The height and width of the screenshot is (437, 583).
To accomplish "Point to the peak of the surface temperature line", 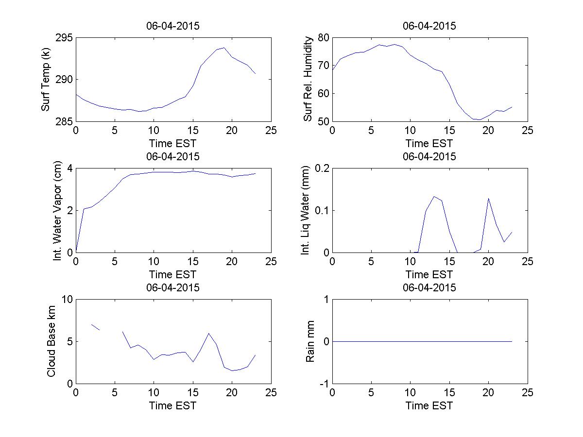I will coord(224,48).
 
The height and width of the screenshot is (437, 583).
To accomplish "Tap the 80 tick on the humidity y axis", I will coord(323,38).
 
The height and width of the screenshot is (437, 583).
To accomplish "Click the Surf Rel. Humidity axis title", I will coord(308,79).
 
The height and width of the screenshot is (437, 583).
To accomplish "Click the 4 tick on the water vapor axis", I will coord(69,168).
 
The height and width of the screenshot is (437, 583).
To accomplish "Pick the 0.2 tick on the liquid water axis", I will coord(320,168).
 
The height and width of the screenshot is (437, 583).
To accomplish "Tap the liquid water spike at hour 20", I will coord(488,198).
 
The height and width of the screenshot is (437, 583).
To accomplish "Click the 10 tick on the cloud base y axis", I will coord(67,300).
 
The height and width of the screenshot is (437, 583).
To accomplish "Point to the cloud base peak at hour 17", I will coord(208,333).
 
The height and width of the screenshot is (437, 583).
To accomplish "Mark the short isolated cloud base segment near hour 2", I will coord(95,327).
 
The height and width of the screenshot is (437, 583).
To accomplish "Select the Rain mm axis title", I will coord(310,341).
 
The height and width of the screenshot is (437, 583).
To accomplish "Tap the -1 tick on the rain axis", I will coord(322,384).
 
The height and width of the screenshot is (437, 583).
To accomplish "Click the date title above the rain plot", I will coord(429,287).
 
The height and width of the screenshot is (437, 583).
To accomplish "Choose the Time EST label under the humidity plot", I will coord(429,143).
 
